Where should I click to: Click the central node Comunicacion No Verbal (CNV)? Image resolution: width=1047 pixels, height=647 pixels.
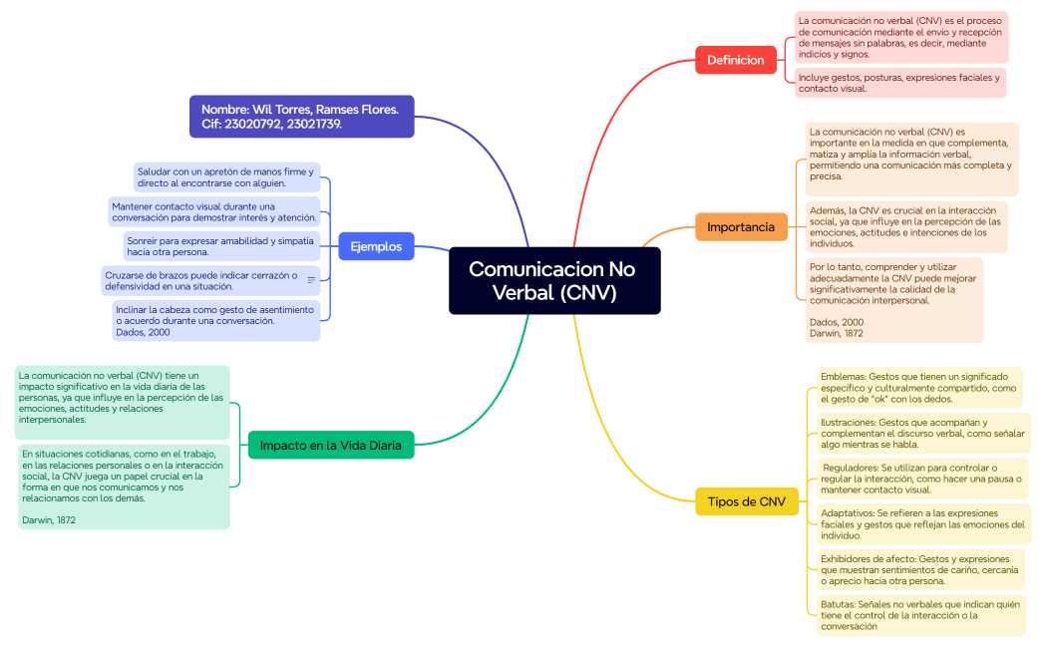[554, 280]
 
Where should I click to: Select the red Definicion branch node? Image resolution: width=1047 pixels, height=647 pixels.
[735, 60]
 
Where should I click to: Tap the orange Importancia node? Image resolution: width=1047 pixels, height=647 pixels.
[741, 227]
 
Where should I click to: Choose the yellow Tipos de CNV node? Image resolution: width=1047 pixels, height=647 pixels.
[746, 501]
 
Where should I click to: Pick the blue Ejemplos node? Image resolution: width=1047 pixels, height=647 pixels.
[376, 246]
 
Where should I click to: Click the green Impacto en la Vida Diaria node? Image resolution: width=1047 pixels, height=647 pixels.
[330, 446]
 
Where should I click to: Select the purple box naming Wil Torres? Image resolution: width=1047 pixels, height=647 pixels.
[301, 116]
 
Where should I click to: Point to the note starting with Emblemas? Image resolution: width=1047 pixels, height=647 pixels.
[918, 388]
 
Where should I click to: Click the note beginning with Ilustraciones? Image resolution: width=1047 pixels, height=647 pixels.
[922, 434]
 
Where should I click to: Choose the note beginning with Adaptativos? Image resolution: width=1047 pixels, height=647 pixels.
[922, 524]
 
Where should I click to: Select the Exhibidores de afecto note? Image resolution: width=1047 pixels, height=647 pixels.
[919, 570]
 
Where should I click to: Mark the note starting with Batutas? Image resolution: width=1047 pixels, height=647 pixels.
[919, 615]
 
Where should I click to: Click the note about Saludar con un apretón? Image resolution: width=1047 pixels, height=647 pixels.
[226, 177]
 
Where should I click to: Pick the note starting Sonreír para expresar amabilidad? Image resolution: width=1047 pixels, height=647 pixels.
[220, 246]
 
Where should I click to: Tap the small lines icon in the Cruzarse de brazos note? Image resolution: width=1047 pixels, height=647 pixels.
[311, 280]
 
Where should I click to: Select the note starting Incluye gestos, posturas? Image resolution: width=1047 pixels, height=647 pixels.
[898, 83]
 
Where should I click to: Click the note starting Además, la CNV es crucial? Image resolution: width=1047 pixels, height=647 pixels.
[906, 227]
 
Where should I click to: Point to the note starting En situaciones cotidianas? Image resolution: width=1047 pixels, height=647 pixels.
[124, 486]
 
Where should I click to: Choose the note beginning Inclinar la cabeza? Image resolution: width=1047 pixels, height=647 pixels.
[216, 321]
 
